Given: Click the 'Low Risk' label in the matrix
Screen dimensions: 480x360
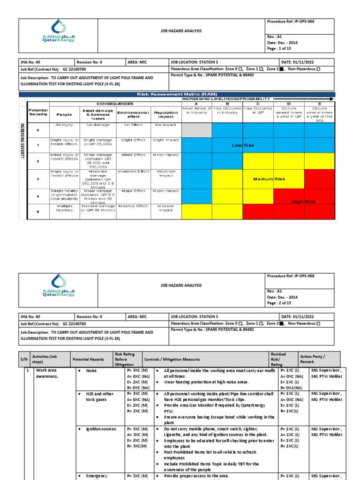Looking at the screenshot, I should pos(243,146).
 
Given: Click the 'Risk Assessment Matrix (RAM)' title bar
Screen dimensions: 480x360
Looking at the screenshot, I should pos(177,94).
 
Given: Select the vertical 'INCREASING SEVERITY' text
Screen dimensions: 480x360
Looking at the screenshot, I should pos(22,141).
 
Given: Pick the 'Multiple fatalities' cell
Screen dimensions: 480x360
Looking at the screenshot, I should pos(64,209).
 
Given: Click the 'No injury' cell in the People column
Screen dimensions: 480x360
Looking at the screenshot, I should pos(64,125).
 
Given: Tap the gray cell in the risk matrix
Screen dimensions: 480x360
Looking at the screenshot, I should pos(197,130).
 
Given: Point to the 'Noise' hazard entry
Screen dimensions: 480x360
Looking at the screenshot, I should pos(92,370).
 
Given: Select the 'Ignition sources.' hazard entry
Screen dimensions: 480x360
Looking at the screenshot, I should pos(101,429).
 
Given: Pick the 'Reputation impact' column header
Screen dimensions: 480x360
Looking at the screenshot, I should pos(165,114).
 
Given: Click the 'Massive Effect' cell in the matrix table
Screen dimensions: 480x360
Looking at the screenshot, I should pos(133,206).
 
